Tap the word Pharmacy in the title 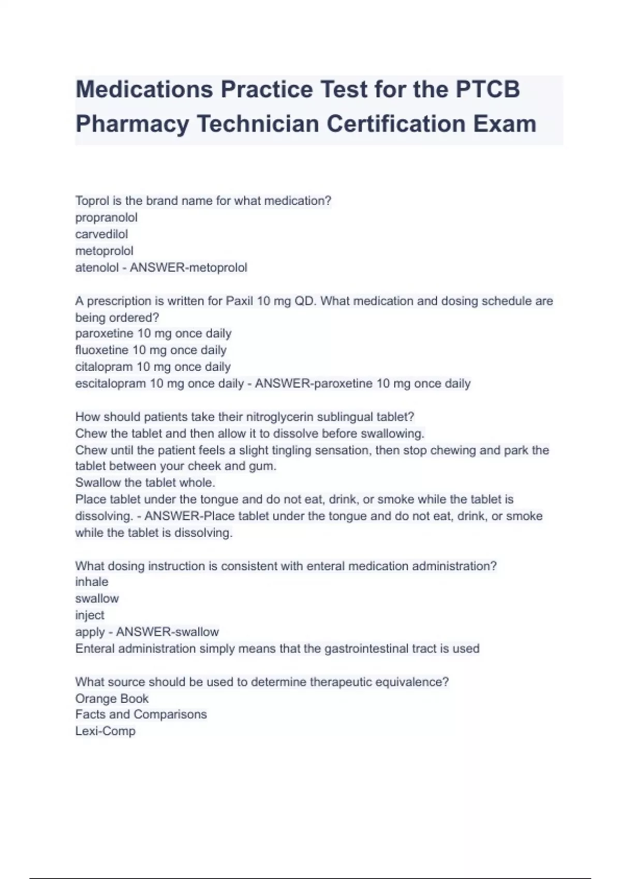(132, 124)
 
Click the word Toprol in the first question (91, 201)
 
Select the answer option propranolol (106, 218)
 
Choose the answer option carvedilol (101, 234)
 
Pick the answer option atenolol (97, 268)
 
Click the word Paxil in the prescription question (239, 301)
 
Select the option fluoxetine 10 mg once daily (151, 350)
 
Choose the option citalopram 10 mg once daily (153, 367)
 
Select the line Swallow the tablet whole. (145, 482)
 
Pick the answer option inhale (92, 582)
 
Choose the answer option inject (90, 615)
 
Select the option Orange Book (112, 699)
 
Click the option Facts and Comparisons (141, 715)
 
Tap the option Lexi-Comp (105, 731)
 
